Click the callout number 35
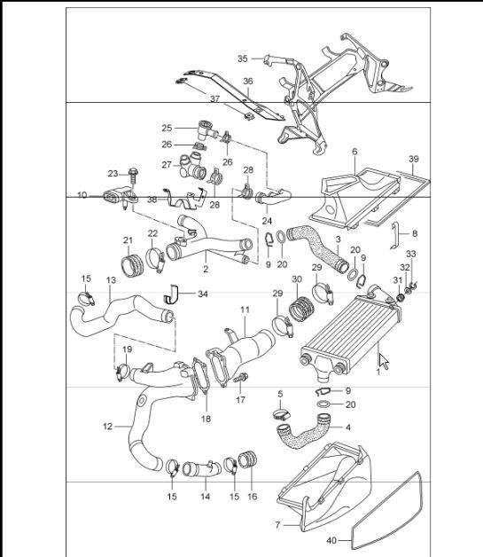243,59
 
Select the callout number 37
214,98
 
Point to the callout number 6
354,152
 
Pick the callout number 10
82,194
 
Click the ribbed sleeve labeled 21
131,263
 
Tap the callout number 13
111,280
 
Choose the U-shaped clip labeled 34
175,294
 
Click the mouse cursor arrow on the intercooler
384,361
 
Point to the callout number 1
378,372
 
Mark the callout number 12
108,427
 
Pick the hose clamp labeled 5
280,412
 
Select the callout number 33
410,254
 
